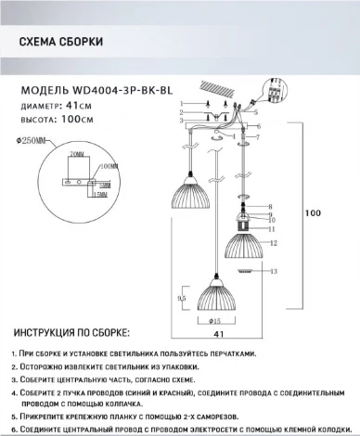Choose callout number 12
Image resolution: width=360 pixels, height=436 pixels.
[275, 241]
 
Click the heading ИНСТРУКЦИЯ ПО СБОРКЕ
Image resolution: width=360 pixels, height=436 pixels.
[72, 332]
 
